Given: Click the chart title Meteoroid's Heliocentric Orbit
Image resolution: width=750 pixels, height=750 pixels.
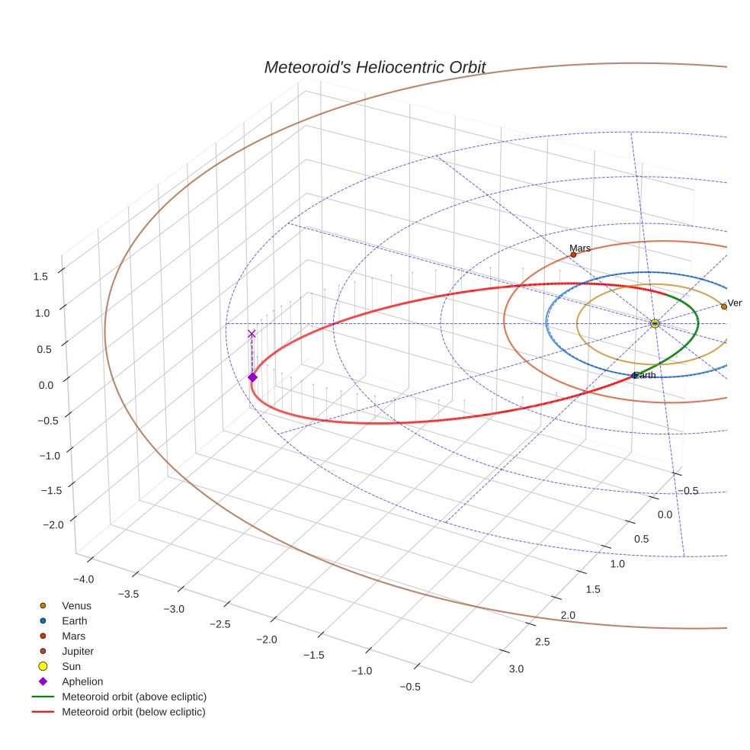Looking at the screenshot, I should click(x=374, y=67).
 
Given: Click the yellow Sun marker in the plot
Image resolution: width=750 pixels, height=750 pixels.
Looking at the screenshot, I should click(x=655, y=324).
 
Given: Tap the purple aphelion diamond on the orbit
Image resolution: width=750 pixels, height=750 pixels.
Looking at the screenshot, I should click(x=252, y=377).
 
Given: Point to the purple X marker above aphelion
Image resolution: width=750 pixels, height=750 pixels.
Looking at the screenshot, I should click(x=252, y=334).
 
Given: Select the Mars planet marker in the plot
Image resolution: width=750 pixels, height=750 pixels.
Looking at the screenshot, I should click(x=573, y=255).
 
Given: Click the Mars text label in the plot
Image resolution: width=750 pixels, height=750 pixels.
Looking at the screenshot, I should click(x=580, y=248).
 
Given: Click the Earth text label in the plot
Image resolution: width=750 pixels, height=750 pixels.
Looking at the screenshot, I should click(x=646, y=375).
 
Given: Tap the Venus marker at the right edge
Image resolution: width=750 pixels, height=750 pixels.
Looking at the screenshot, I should click(x=723, y=306).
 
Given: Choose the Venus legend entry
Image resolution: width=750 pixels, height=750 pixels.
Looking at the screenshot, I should click(x=76, y=605).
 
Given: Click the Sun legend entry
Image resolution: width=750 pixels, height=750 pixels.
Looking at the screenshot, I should click(x=72, y=666).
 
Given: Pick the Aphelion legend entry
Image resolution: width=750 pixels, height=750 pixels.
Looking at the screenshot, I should click(x=82, y=681).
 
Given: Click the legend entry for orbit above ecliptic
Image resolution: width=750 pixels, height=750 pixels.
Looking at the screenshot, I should click(x=134, y=697).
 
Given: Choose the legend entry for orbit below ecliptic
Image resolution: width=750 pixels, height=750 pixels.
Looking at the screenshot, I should click(x=133, y=712).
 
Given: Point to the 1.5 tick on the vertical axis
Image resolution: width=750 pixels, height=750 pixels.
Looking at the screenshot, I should click(x=41, y=276).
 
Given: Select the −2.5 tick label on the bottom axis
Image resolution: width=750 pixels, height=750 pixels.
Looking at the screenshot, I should click(x=220, y=625).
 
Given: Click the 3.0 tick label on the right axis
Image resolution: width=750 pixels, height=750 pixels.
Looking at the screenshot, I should click(x=516, y=669).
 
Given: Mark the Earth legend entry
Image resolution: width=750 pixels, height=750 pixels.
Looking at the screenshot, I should click(x=74, y=620).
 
